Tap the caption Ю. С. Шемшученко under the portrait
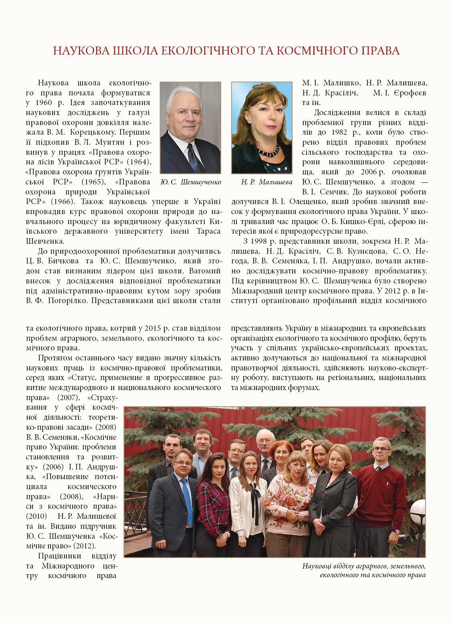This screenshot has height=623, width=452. (x=190, y=182)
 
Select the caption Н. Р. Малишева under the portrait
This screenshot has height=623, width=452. (x=266, y=182)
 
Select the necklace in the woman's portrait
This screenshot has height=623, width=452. (x=268, y=152)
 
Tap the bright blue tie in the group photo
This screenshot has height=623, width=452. (x=186, y=501)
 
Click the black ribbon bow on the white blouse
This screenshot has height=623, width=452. (x=254, y=495)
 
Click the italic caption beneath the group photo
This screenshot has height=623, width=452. (x=364, y=570)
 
